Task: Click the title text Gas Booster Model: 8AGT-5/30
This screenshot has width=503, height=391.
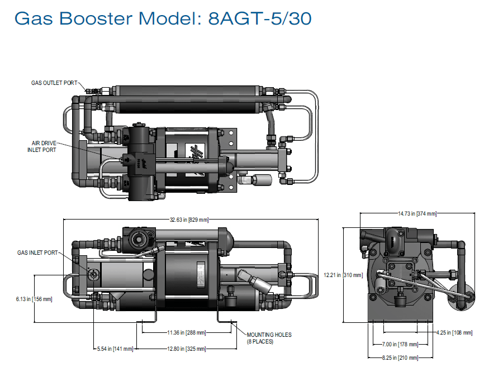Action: click(x=163, y=18)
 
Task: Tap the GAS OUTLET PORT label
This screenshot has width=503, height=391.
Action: click(x=54, y=83)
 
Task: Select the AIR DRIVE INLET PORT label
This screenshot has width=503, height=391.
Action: click(x=42, y=146)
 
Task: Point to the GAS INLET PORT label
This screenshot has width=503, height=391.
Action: click(x=37, y=252)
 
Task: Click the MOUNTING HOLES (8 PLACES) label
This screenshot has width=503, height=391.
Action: click(x=269, y=338)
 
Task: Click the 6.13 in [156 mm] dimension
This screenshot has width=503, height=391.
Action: click(x=34, y=299)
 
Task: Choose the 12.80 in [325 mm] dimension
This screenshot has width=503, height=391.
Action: click(x=187, y=349)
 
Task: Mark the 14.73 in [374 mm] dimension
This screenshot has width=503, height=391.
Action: click(x=417, y=213)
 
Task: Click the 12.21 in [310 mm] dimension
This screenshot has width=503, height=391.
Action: click(x=343, y=275)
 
